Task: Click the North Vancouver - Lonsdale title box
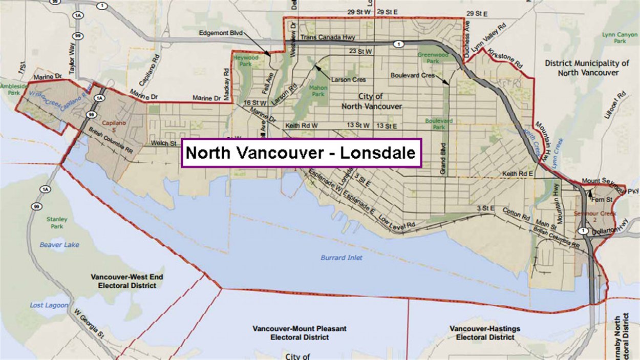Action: pyautogui.click(x=301, y=153)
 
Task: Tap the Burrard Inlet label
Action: pyautogui.click(x=341, y=258)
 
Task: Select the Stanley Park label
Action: pyautogui.click(x=57, y=223)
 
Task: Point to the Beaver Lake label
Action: pyautogui.click(x=59, y=245)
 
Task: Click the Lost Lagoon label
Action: pyautogui.click(x=49, y=305)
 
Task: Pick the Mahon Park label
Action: pyautogui.click(x=318, y=91)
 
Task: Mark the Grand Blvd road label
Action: pyautogui.click(x=443, y=159)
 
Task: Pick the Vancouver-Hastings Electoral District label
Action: pyautogui.click(x=484, y=333)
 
